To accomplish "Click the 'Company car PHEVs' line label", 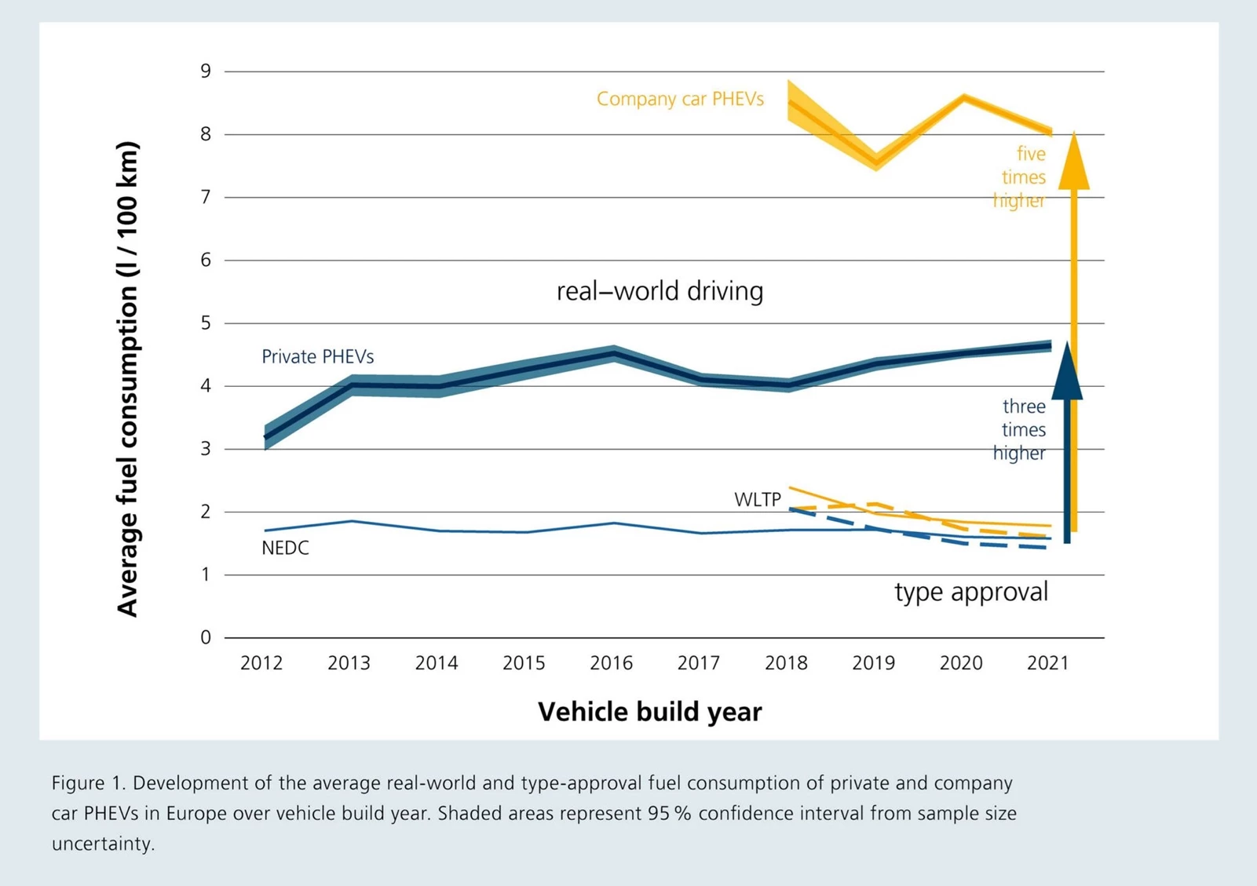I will pos(680,100).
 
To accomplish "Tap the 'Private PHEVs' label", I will pos(317,357).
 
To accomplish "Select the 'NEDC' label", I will pos(285,549).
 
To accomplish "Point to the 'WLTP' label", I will pos(757,500).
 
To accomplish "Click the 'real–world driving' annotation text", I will pos(660,291).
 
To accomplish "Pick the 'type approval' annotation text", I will pos(971,592).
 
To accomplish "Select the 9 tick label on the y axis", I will pos(206,71).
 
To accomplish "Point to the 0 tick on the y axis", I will pos(206,638).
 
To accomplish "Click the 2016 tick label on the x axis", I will pos(611,664).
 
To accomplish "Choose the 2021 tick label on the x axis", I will pos(1048,664).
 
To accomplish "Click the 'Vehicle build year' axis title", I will pos(649,712).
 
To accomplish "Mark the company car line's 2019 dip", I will pos(877,163).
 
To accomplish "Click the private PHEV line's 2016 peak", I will pos(614,353).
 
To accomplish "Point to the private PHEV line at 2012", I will pos(265,437).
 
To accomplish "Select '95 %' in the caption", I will pos(669,813).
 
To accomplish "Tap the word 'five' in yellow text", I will pos(1031,155).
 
